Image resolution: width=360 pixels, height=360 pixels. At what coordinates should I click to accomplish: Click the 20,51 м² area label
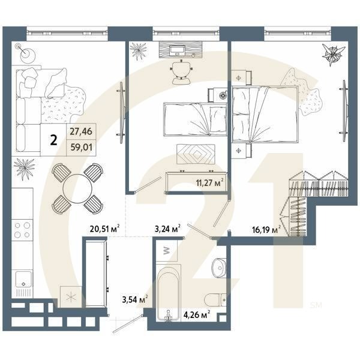104,229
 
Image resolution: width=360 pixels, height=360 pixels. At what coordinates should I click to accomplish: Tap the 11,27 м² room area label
209,183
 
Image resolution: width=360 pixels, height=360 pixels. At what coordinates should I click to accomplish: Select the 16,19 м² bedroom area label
266,229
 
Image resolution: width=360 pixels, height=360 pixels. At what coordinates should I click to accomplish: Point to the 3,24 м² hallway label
167,229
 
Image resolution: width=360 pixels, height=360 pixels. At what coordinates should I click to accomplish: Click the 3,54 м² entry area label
135,299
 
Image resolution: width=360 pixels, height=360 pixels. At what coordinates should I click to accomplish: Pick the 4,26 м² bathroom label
197,314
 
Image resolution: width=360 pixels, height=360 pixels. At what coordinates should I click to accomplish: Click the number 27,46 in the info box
81,131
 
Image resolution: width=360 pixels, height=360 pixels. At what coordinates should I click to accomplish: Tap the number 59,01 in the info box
81,147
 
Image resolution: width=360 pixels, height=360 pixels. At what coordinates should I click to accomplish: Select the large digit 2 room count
53,140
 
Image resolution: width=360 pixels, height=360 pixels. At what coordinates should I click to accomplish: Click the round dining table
77,189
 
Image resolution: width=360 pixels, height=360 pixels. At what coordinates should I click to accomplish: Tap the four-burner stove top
22,230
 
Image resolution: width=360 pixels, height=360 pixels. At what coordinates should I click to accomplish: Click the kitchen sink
23,279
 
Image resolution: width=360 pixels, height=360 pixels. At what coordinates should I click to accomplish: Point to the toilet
215,300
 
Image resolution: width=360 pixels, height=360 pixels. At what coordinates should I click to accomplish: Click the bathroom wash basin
219,268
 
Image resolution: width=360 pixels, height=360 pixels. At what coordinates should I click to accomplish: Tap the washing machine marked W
166,251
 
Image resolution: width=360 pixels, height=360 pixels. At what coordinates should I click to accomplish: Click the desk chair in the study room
182,73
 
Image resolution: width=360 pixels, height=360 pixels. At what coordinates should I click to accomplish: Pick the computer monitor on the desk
177,50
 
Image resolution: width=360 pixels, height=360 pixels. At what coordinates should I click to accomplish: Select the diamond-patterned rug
196,154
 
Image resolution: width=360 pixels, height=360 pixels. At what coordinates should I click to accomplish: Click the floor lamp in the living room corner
25,52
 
